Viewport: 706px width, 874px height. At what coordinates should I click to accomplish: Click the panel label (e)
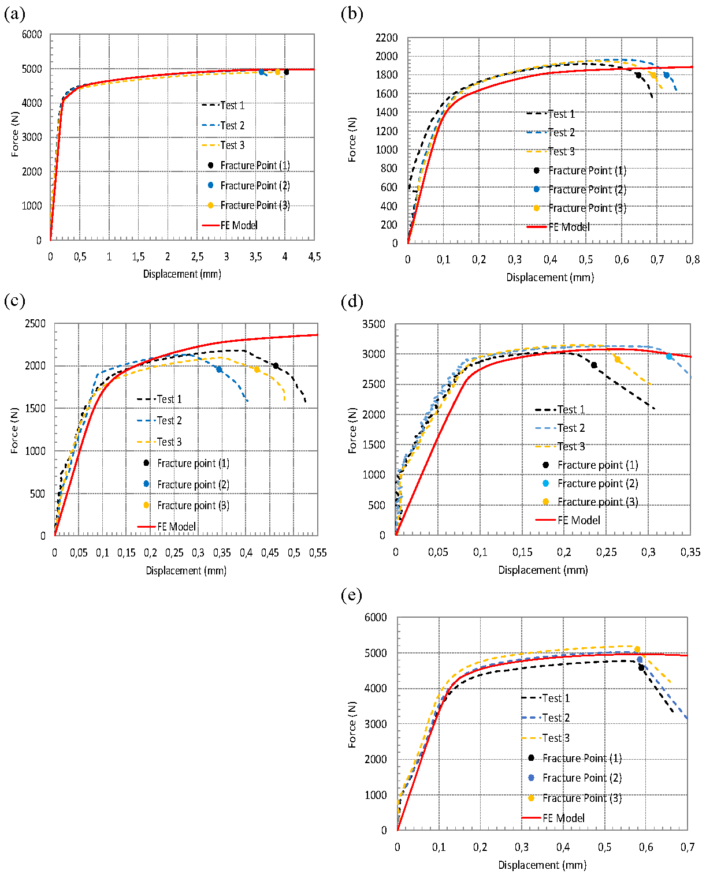pyautogui.click(x=351, y=595)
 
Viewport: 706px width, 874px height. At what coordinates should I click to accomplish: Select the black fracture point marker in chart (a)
pyautogui.click(x=287, y=72)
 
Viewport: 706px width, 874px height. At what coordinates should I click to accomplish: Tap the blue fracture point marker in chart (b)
pyautogui.click(x=666, y=75)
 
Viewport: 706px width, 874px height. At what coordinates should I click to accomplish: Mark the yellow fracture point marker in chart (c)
pyautogui.click(x=257, y=369)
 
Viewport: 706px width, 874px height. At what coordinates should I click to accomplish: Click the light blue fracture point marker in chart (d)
pyautogui.click(x=670, y=356)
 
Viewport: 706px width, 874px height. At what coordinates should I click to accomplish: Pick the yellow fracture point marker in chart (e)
pyautogui.click(x=637, y=649)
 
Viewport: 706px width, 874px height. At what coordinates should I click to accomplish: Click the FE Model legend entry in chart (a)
pyautogui.click(x=239, y=225)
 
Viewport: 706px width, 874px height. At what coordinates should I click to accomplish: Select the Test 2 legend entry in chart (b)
pyautogui.click(x=561, y=133)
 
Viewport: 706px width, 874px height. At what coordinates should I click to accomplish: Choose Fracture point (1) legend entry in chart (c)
pyautogui.click(x=193, y=463)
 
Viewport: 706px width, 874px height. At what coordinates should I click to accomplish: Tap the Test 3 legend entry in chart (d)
pyautogui.click(x=571, y=446)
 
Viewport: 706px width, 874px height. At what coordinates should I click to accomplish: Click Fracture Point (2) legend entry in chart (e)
pyautogui.click(x=582, y=778)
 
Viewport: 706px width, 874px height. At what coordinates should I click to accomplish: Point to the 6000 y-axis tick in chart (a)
pyautogui.click(x=32, y=35)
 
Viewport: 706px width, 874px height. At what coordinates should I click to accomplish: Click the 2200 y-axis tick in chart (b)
pyautogui.click(x=387, y=38)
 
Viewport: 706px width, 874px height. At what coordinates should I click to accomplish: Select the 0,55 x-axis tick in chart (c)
pyautogui.click(x=317, y=553)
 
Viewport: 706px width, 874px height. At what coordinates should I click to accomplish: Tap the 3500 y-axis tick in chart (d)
pyautogui.click(x=373, y=324)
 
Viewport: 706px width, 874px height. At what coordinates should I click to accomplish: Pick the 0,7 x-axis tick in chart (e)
pyautogui.click(x=687, y=847)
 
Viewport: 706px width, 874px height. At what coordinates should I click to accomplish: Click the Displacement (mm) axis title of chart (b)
pyautogui.click(x=550, y=277)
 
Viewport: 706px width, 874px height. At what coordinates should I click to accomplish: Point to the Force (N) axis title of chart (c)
pyautogui.click(x=14, y=430)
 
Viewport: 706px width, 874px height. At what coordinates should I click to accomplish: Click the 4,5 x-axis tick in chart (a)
pyautogui.click(x=314, y=257)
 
